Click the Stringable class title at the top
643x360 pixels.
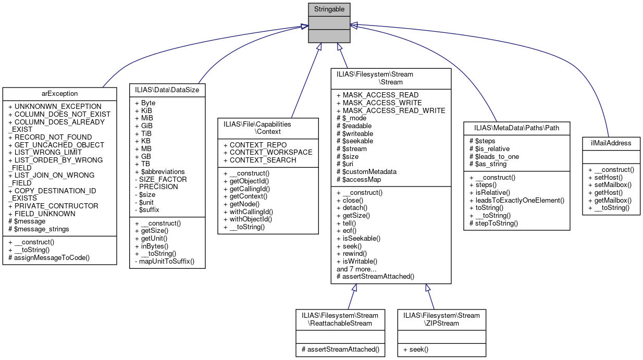point(328,9)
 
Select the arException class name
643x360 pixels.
point(59,94)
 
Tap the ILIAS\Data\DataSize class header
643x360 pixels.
point(167,90)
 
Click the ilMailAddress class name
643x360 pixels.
point(611,143)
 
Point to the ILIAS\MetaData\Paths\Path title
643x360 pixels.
point(516,128)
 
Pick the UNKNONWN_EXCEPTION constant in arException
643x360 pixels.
point(55,106)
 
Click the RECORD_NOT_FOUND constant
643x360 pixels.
point(51,137)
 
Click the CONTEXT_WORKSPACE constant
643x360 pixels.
point(267,152)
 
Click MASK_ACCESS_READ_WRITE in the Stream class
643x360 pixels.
point(390,110)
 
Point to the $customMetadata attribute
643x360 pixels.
point(366,171)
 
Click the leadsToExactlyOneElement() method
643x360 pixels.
point(513,200)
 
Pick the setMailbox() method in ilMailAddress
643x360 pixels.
point(610,184)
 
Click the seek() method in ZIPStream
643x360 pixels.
point(415,349)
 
